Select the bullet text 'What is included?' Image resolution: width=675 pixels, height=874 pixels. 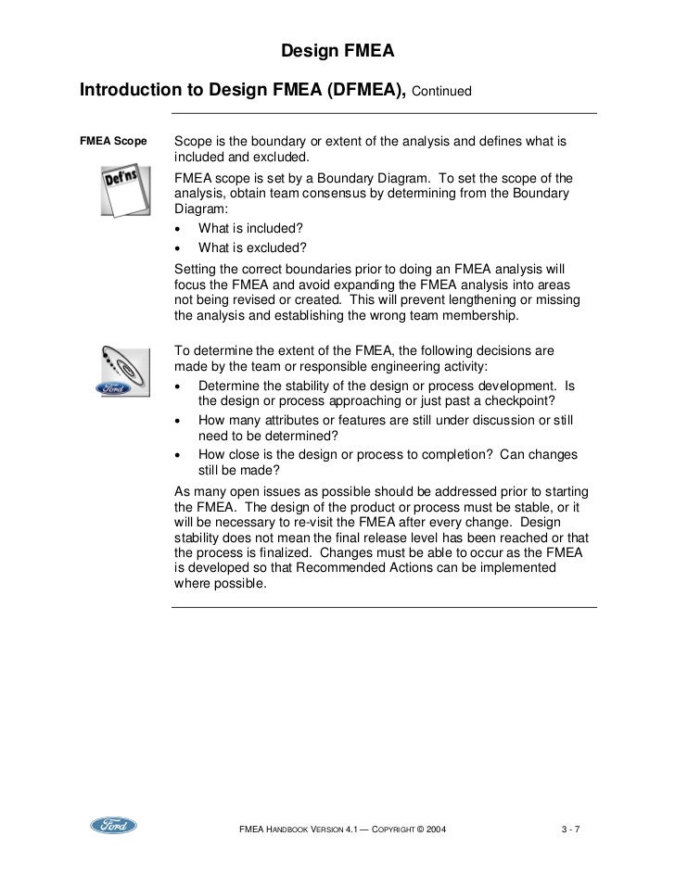[x=250, y=229]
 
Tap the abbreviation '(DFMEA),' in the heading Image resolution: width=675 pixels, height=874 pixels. [x=355, y=92]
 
